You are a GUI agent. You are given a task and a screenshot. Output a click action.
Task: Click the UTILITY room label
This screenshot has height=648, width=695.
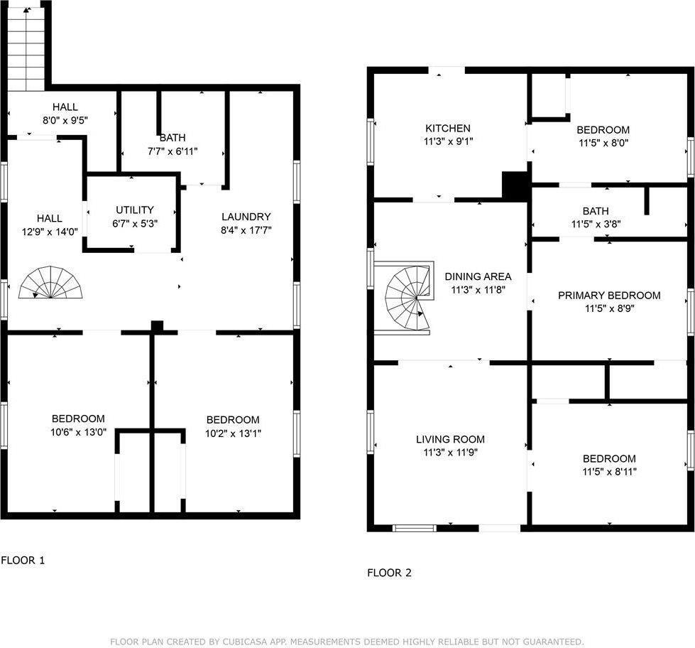click(x=135, y=210)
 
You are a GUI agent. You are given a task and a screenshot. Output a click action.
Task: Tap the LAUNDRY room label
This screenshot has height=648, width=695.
click(x=246, y=217)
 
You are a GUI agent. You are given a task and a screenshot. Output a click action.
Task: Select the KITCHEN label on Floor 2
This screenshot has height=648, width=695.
click(x=448, y=128)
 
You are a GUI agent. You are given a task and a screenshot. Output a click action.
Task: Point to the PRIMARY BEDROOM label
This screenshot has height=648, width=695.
click(x=609, y=296)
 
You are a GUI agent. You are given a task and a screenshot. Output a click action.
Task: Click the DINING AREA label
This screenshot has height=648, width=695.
click(x=478, y=276)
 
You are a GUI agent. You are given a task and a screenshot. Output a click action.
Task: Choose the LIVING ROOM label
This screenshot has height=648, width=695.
click(x=450, y=439)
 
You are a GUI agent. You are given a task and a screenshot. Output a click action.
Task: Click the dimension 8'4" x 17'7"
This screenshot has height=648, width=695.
click(x=246, y=229)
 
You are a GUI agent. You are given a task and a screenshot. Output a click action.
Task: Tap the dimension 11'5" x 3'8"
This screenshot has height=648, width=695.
click(x=596, y=224)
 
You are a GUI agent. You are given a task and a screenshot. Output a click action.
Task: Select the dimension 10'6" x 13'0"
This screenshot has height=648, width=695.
click(x=79, y=432)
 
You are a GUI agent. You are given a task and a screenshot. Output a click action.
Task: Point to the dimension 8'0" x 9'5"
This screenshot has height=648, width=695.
click(x=65, y=120)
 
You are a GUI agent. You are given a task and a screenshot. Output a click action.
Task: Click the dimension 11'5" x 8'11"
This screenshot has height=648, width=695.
click(x=609, y=472)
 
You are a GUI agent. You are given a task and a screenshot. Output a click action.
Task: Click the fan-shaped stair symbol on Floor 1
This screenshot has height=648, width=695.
click(x=50, y=282)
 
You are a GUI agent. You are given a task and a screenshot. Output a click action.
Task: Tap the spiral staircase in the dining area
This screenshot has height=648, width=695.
click(x=407, y=298)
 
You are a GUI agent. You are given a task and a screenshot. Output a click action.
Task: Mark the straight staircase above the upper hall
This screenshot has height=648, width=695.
click(x=26, y=49)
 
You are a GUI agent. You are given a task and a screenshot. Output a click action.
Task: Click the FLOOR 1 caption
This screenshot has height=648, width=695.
click(x=23, y=560)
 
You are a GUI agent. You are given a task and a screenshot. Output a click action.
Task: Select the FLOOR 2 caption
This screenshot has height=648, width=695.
click(x=389, y=573)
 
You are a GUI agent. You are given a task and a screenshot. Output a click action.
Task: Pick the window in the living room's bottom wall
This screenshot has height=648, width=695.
click(x=415, y=528)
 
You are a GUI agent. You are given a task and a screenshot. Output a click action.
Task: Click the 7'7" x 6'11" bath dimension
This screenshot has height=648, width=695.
click(x=173, y=151)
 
